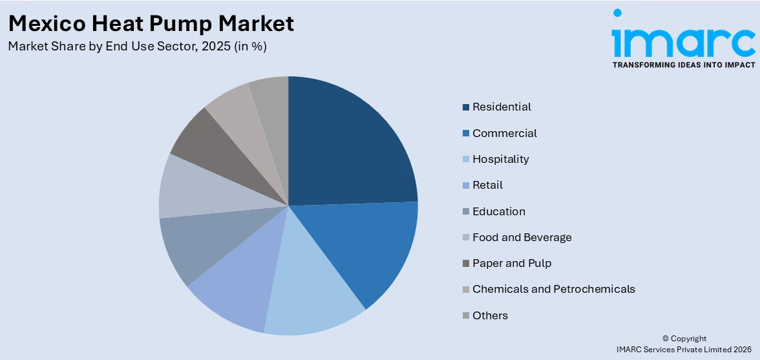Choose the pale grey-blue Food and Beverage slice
point(194,187)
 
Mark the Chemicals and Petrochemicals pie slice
point(239,113)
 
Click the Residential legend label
point(501,107)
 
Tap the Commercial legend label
point(504,133)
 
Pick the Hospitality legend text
point(500,159)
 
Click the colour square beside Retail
point(466,185)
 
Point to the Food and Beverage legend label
point(522,237)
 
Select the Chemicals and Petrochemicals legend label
point(553,289)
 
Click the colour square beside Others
point(466,316)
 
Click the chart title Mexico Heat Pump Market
point(151,23)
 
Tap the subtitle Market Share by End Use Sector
point(137,47)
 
